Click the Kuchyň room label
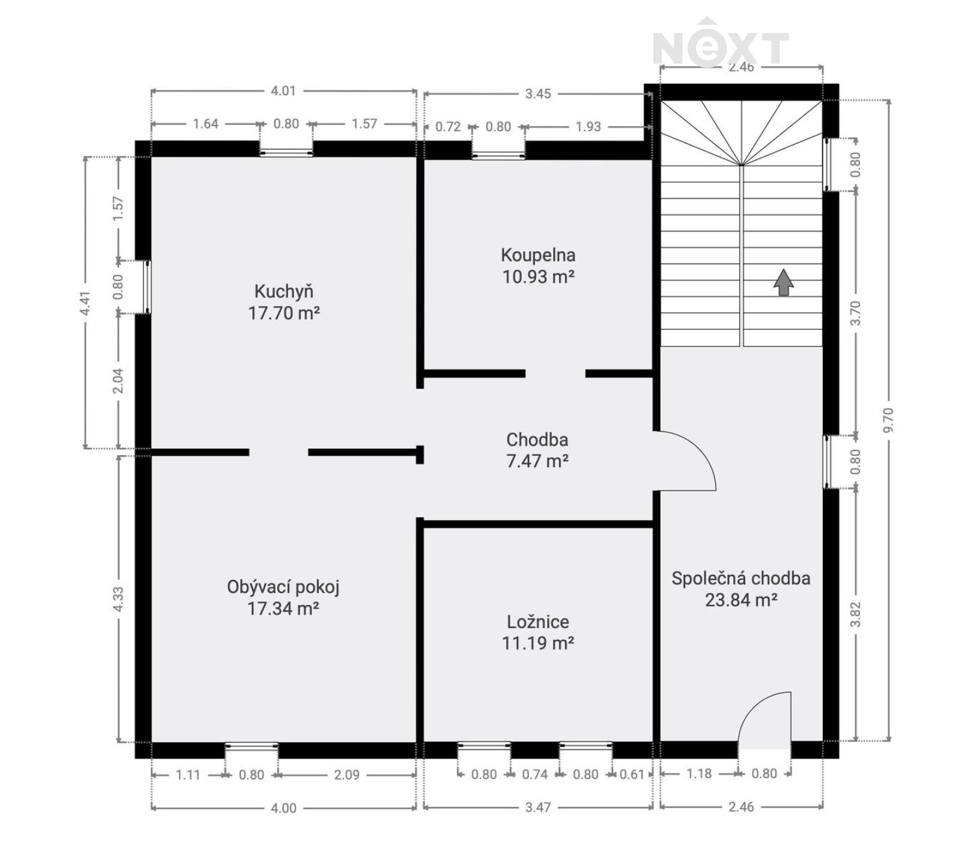[x=284, y=291]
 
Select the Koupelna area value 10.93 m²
[x=539, y=277]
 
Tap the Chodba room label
[x=537, y=439]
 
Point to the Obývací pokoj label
[x=283, y=586]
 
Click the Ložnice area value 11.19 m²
[x=538, y=643]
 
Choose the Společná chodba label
[x=741, y=578]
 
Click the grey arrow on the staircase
[x=783, y=282]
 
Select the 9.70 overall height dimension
[x=889, y=419]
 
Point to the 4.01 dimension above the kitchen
[x=283, y=91]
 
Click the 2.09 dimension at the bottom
[x=347, y=775]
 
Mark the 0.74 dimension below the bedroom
[x=535, y=774]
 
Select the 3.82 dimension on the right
[x=855, y=614]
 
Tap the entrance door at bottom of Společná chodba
[x=765, y=720]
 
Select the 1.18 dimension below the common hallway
[x=699, y=774]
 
